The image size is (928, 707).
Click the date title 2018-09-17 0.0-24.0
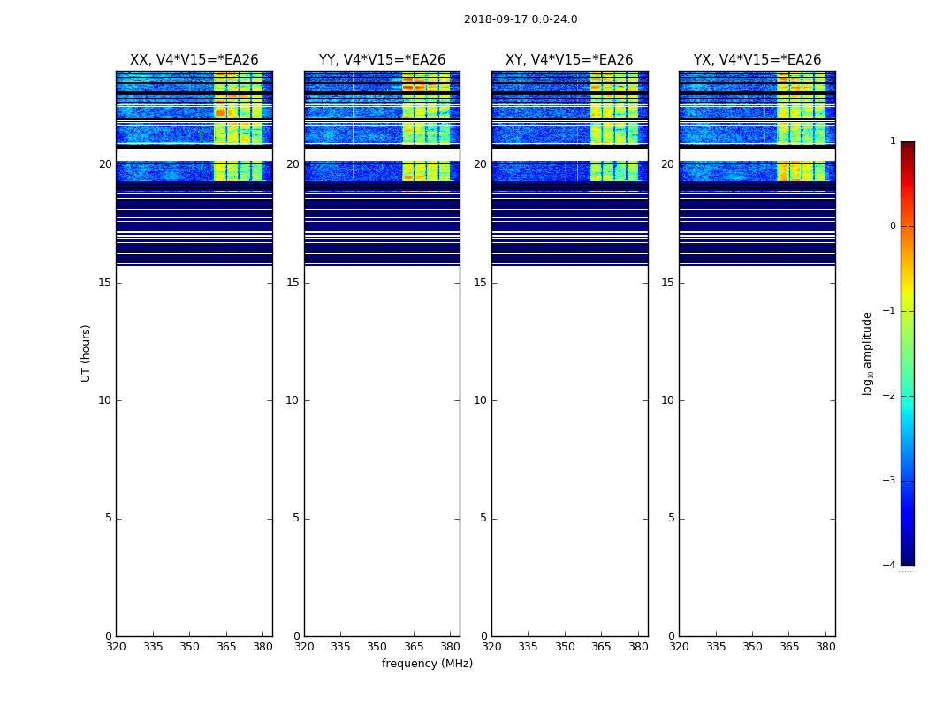tap(521, 19)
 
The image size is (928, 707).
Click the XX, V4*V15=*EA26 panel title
tap(194, 60)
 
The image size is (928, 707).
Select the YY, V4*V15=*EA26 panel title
tap(382, 60)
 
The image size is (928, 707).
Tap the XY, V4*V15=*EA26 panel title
tap(569, 60)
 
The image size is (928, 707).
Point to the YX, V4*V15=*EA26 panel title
tap(757, 60)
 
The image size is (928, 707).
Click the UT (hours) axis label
tap(87, 353)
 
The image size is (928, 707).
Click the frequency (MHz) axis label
tap(427, 664)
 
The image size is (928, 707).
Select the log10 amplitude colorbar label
tap(868, 353)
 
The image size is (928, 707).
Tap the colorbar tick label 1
tap(892, 141)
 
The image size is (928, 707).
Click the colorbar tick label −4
tap(890, 566)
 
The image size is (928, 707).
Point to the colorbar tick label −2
tap(890, 396)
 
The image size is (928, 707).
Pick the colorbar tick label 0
tap(892, 226)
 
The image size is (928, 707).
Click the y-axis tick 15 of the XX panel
tap(105, 283)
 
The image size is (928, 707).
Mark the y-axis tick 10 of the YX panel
tap(667, 400)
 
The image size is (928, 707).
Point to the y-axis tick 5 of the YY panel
tap(296, 519)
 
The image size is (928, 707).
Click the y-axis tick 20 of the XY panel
tap(480, 164)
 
